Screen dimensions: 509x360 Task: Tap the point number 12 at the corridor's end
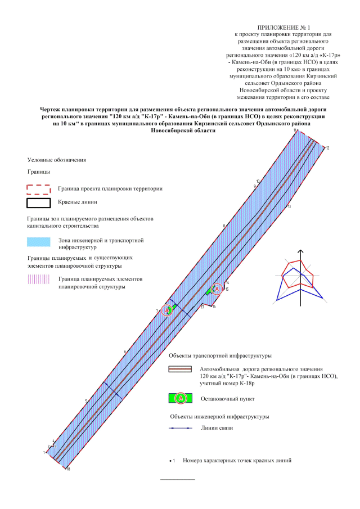tap(327, 148)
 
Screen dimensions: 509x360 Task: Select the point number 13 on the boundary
tap(289, 207)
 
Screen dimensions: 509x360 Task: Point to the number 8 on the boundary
tap(224, 226)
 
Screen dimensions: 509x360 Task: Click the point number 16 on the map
tap(214, 307)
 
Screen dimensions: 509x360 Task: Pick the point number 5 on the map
tap(86, 401)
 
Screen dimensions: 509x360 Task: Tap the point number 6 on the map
tap(124, 352)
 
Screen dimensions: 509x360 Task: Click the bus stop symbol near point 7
tap(166, 310)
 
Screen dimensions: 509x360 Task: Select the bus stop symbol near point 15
tap(216, 289)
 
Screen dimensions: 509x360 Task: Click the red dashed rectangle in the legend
tap(38, 188)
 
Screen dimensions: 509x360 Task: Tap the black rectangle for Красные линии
tap(38, 203)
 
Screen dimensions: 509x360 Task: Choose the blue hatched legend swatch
tap(38, 243)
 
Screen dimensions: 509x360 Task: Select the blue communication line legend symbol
tap(181, 429)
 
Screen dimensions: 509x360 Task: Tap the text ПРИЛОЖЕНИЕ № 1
tap(283, 27)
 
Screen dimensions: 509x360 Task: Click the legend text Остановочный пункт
tap(223, 398)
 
